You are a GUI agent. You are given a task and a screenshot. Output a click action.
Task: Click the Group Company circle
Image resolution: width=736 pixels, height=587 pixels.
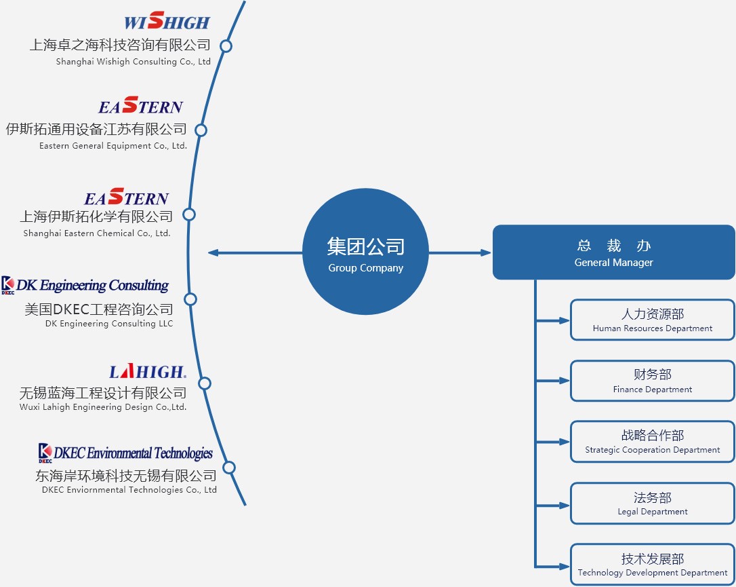365,252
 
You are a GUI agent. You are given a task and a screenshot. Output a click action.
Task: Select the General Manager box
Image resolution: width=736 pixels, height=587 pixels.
613,252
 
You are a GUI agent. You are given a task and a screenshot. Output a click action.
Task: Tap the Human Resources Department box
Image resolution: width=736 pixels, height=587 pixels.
652,320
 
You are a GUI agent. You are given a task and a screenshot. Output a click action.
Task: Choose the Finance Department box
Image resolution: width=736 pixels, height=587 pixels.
652,381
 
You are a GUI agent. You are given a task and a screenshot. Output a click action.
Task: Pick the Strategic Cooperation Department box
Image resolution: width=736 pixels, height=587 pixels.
652,442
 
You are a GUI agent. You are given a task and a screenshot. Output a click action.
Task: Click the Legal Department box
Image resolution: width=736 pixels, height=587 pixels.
652,503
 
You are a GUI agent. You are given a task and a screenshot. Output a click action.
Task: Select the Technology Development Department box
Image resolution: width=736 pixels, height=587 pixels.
652,564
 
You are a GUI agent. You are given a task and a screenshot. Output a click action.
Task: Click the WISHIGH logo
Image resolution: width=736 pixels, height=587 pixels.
167,22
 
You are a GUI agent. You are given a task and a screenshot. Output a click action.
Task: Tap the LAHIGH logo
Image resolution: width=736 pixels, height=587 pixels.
147,371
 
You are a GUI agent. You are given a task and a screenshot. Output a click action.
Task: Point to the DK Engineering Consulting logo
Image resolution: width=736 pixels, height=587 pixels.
85,285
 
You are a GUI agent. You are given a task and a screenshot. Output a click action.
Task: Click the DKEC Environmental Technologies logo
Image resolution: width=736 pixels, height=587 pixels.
126,453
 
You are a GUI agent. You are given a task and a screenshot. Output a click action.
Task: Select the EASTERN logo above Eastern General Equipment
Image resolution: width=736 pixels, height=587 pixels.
140,106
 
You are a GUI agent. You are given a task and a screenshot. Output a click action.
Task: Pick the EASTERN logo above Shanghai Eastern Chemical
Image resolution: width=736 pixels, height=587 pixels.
126,198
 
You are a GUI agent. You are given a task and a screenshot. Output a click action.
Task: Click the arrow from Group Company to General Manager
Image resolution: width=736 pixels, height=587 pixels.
460,252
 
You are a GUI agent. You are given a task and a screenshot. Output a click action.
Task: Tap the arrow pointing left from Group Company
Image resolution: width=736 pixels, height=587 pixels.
254,252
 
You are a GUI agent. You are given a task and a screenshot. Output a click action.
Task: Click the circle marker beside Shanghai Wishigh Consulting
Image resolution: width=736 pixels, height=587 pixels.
226,46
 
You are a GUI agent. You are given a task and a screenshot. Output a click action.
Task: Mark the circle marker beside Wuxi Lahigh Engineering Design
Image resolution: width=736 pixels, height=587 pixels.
205,383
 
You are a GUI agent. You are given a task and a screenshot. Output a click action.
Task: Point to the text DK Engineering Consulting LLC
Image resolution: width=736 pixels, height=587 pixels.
109,324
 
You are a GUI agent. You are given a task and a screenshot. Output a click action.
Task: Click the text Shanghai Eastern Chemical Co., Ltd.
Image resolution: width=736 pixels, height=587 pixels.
97,233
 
